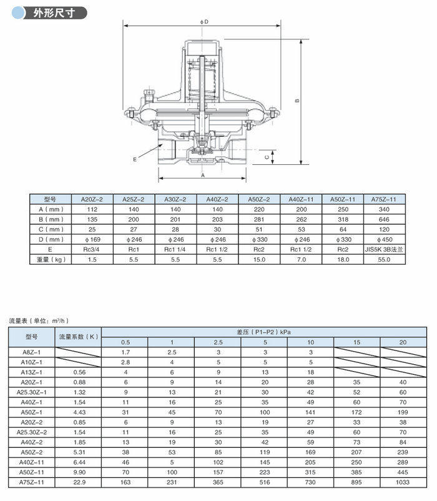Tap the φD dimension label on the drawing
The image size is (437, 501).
click(x=204, y=22)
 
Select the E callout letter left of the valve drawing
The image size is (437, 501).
click(x=134, y=159)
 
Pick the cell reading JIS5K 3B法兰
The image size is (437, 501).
click(x=384, y=249)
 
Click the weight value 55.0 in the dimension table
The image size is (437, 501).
click(x=384, y=259)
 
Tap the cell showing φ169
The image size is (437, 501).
click(x=92, y=239)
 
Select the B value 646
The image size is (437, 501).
click(x=384, y=219)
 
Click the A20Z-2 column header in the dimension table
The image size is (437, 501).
click(x=92, y=199)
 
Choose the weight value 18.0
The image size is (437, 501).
click(x=342, y=259)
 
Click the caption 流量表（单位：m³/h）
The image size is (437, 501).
click(x=38, y=320)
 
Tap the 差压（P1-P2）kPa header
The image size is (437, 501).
click(x=265, y=331)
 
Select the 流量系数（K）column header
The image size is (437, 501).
click(x=79, y=336)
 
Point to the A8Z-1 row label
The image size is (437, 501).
click(x=32, y=352)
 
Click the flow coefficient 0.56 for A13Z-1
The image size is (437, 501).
click(x=79, y=372)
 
